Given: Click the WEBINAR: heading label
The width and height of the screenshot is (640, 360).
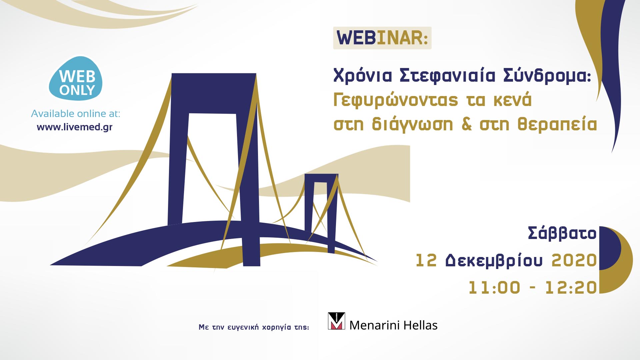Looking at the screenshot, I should (382, 38).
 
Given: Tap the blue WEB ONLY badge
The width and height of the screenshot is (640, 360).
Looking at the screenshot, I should (76, 79).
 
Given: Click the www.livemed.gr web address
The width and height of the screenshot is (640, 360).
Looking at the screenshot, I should (75, 127).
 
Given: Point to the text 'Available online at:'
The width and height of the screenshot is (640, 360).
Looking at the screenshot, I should (76, 114).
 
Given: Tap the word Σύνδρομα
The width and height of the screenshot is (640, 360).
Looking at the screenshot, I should (547, 76).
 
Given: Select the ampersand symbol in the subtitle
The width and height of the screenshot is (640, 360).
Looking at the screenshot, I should (467, 125).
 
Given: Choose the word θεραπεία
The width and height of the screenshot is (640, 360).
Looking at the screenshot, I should (557, 125).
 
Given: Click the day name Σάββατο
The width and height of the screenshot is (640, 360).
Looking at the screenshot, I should (562, 233).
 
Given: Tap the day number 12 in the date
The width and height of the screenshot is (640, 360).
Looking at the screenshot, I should (426, 261).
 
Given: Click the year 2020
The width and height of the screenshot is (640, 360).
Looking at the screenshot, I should (574, 261).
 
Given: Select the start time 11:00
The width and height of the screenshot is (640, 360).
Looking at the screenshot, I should (494, 288).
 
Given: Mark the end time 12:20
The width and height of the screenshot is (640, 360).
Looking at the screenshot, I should (571, 288).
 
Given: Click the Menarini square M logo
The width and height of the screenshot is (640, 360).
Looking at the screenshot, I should (336, 321).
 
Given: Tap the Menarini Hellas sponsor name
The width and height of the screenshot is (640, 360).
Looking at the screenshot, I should (393, 325).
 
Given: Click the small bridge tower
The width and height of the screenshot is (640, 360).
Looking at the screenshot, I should (321, 207).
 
